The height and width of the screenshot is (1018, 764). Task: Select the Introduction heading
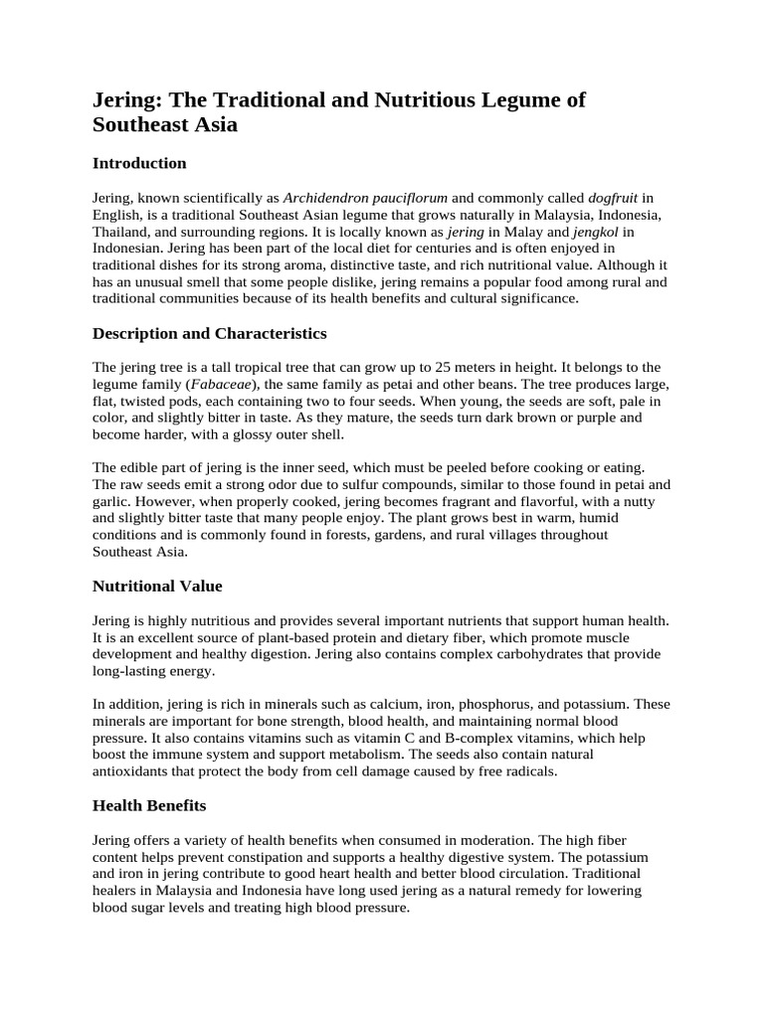[139, 163]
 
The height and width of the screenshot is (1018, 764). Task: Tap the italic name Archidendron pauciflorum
[365, 198]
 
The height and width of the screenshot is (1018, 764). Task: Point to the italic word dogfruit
[615, 198]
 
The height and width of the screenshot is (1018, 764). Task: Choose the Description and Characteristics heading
[209, 333]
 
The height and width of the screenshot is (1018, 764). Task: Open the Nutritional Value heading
[157, 587]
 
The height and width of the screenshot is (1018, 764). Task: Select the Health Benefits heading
[149, 805]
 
